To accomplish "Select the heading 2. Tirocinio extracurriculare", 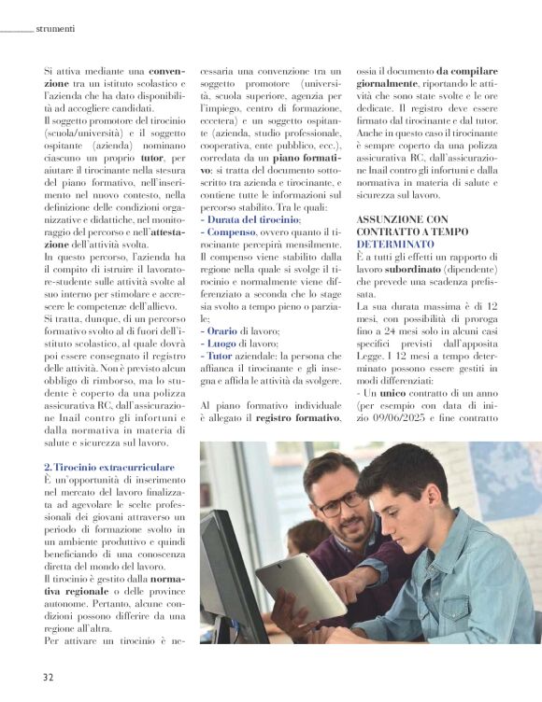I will [108, 465].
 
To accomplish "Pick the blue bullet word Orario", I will [221, 330].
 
